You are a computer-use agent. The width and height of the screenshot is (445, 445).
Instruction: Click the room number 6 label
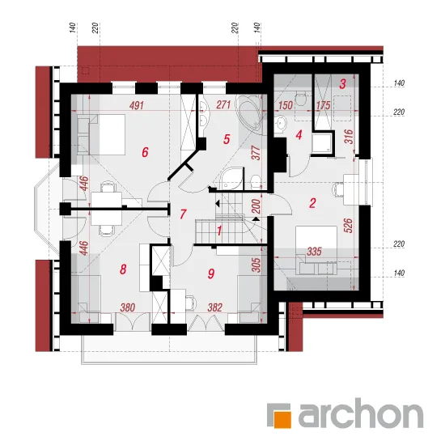tap(145, 152)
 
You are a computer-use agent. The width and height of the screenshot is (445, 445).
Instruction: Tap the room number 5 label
tap(227, 139)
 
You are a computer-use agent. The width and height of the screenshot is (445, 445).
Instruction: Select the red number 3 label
tap(342, 84)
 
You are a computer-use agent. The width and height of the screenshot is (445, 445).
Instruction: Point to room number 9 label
tap(211, 273)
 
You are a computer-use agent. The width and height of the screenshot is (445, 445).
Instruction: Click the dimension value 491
tap(137, 105)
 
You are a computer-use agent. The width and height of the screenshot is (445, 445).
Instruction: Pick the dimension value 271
tap(223, 104)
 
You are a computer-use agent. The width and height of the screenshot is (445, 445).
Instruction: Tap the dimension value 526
tap(349, 226)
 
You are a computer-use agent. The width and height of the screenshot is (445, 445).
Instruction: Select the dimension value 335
tap(314, 252)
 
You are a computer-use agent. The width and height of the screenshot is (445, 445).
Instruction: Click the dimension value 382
tap(214, 307)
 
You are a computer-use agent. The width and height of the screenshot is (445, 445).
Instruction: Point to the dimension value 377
tap(256, 153)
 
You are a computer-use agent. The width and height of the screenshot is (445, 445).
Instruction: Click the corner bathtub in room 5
tap(249, 112)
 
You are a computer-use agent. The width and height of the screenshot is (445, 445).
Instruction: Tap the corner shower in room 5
tap(233, 179)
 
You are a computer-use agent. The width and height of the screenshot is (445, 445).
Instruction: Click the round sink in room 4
tap(281, 124)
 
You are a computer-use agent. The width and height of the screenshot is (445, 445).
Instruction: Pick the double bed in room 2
tap(316, 250)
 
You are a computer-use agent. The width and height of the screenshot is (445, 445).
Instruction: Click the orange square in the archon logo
tap(282, 419)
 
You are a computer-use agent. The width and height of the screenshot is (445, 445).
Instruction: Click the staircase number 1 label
tap(219, 231)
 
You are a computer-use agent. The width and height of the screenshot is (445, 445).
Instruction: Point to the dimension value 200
tap(256, 206)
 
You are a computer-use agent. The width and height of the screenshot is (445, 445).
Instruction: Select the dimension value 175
tap(324, 105)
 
